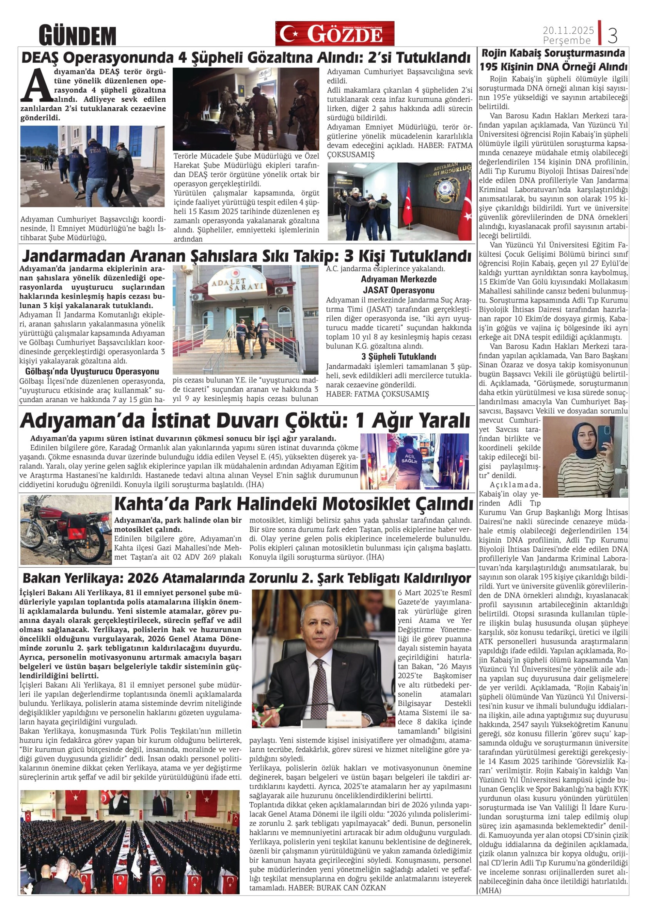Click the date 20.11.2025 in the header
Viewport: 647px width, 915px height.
click(x=568, y=30)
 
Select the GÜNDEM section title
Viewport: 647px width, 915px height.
click(x=77, y=36)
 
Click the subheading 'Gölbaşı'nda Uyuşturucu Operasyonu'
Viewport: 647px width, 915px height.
click(x=92, y=372)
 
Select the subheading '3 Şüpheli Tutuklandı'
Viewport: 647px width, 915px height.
click(x=398, y=356)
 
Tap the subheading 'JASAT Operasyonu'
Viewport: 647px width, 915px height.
click(x=398, y=290)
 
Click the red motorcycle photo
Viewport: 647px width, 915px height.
click(x=66, y=530)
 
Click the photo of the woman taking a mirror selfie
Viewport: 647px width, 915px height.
click(x=585, y=457)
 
